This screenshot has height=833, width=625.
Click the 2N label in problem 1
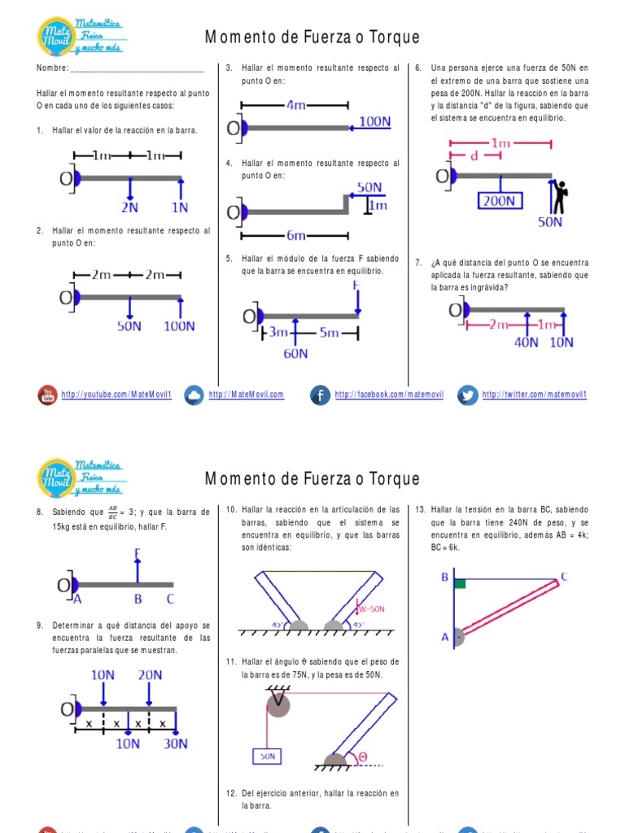[130, 207]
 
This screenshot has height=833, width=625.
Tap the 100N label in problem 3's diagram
[374, 122]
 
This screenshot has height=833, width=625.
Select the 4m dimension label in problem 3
[295, 105]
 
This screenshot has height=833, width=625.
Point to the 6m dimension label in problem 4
[295, 236]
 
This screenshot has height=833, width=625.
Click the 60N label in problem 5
[295, 353]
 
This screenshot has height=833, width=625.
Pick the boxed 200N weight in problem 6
[500, 201]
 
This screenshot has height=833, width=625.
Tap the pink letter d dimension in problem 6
[474, 157]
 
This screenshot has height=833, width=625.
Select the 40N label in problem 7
[527, 342]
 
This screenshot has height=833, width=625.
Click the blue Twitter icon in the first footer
[467, 395]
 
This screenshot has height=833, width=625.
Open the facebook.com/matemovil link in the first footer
[389, 395]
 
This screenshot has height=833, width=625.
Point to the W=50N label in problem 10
[371, 608]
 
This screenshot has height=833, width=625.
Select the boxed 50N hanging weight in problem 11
[267, 756]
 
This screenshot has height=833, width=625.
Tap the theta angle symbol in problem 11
[362, 757]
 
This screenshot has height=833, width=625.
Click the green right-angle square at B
[460, 583]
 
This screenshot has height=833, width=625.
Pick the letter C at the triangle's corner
[563, 578]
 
